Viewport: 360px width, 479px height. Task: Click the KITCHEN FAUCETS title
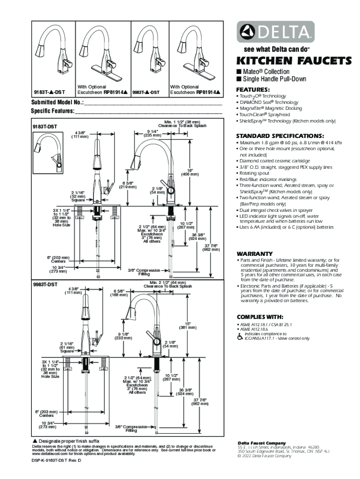pos(294,61)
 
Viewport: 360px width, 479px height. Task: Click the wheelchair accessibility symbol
pos(240,337)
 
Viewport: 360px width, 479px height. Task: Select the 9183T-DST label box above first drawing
pos(45,126)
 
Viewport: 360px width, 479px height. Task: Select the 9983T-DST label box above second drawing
pos(45,284)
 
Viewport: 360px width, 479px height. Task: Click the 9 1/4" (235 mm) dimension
pos(152,133)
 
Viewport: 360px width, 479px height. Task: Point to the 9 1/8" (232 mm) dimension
pos(120,335)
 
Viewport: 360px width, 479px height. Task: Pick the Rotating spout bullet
pos(256,173)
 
